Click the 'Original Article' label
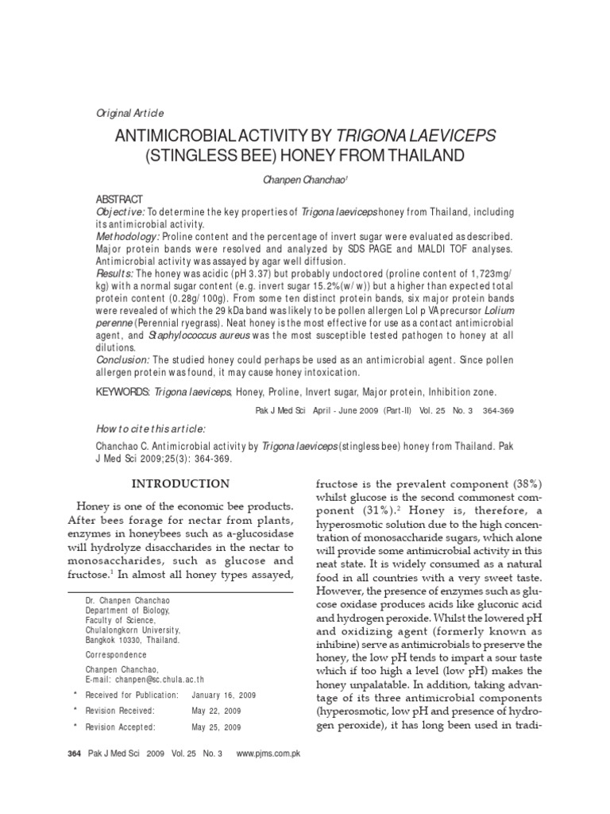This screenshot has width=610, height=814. tap(129, 114)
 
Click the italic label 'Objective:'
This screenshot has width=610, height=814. tap(120, 213)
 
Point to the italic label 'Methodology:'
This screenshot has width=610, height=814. tap(128, 238)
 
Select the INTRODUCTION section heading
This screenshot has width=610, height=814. tap(180, 483)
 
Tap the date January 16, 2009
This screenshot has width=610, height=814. tap(222, 696)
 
